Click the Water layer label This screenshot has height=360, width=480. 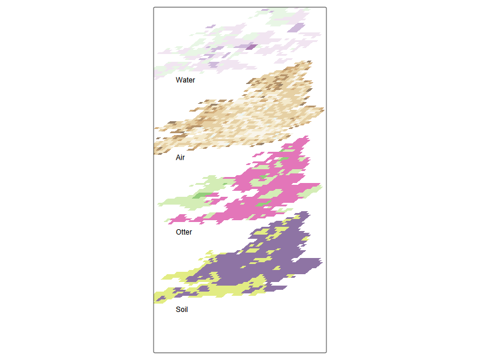[x=185, y=80]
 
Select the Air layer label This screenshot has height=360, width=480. [x=180, y=158]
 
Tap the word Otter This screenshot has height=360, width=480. [x=184, y=232]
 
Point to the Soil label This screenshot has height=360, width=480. [x=182, y=310]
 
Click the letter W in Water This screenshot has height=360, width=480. [x=179, y=80]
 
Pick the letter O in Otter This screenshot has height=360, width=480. [x=178, y=232]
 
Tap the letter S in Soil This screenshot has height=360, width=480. [x=178, y=310]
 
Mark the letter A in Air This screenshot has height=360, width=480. [x=178, y=158]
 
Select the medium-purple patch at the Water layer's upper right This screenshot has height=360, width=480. [x=297, y=26]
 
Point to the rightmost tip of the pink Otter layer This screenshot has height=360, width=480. [x=320, y=186]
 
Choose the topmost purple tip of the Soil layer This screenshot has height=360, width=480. [x=306, y=212]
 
